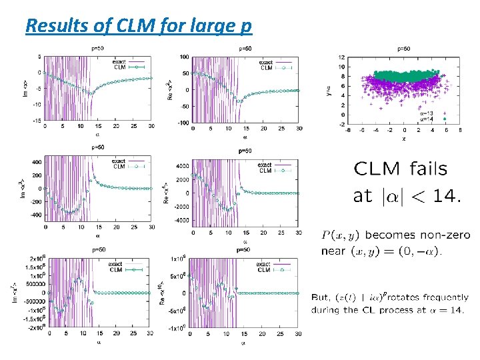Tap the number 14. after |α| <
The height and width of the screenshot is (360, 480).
click(x=443, y=196)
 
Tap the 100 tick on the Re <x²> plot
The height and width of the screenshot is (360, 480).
click(x=183, y=57)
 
